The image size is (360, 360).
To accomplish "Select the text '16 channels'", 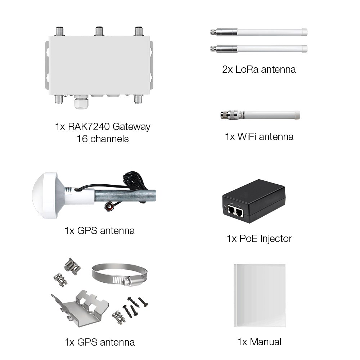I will pos(103,139).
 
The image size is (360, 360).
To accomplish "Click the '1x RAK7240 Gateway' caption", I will pos(103,127).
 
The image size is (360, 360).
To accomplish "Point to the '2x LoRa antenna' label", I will pos(259,69).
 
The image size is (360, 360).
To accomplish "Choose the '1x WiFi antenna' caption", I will pos(259,137).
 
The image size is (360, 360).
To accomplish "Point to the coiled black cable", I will pos(135,180).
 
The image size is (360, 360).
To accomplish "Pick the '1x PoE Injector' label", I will pos(259,238).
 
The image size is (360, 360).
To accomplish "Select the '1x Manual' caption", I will pos(259,342).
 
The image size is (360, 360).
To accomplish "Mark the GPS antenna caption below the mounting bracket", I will pos(99,342).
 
